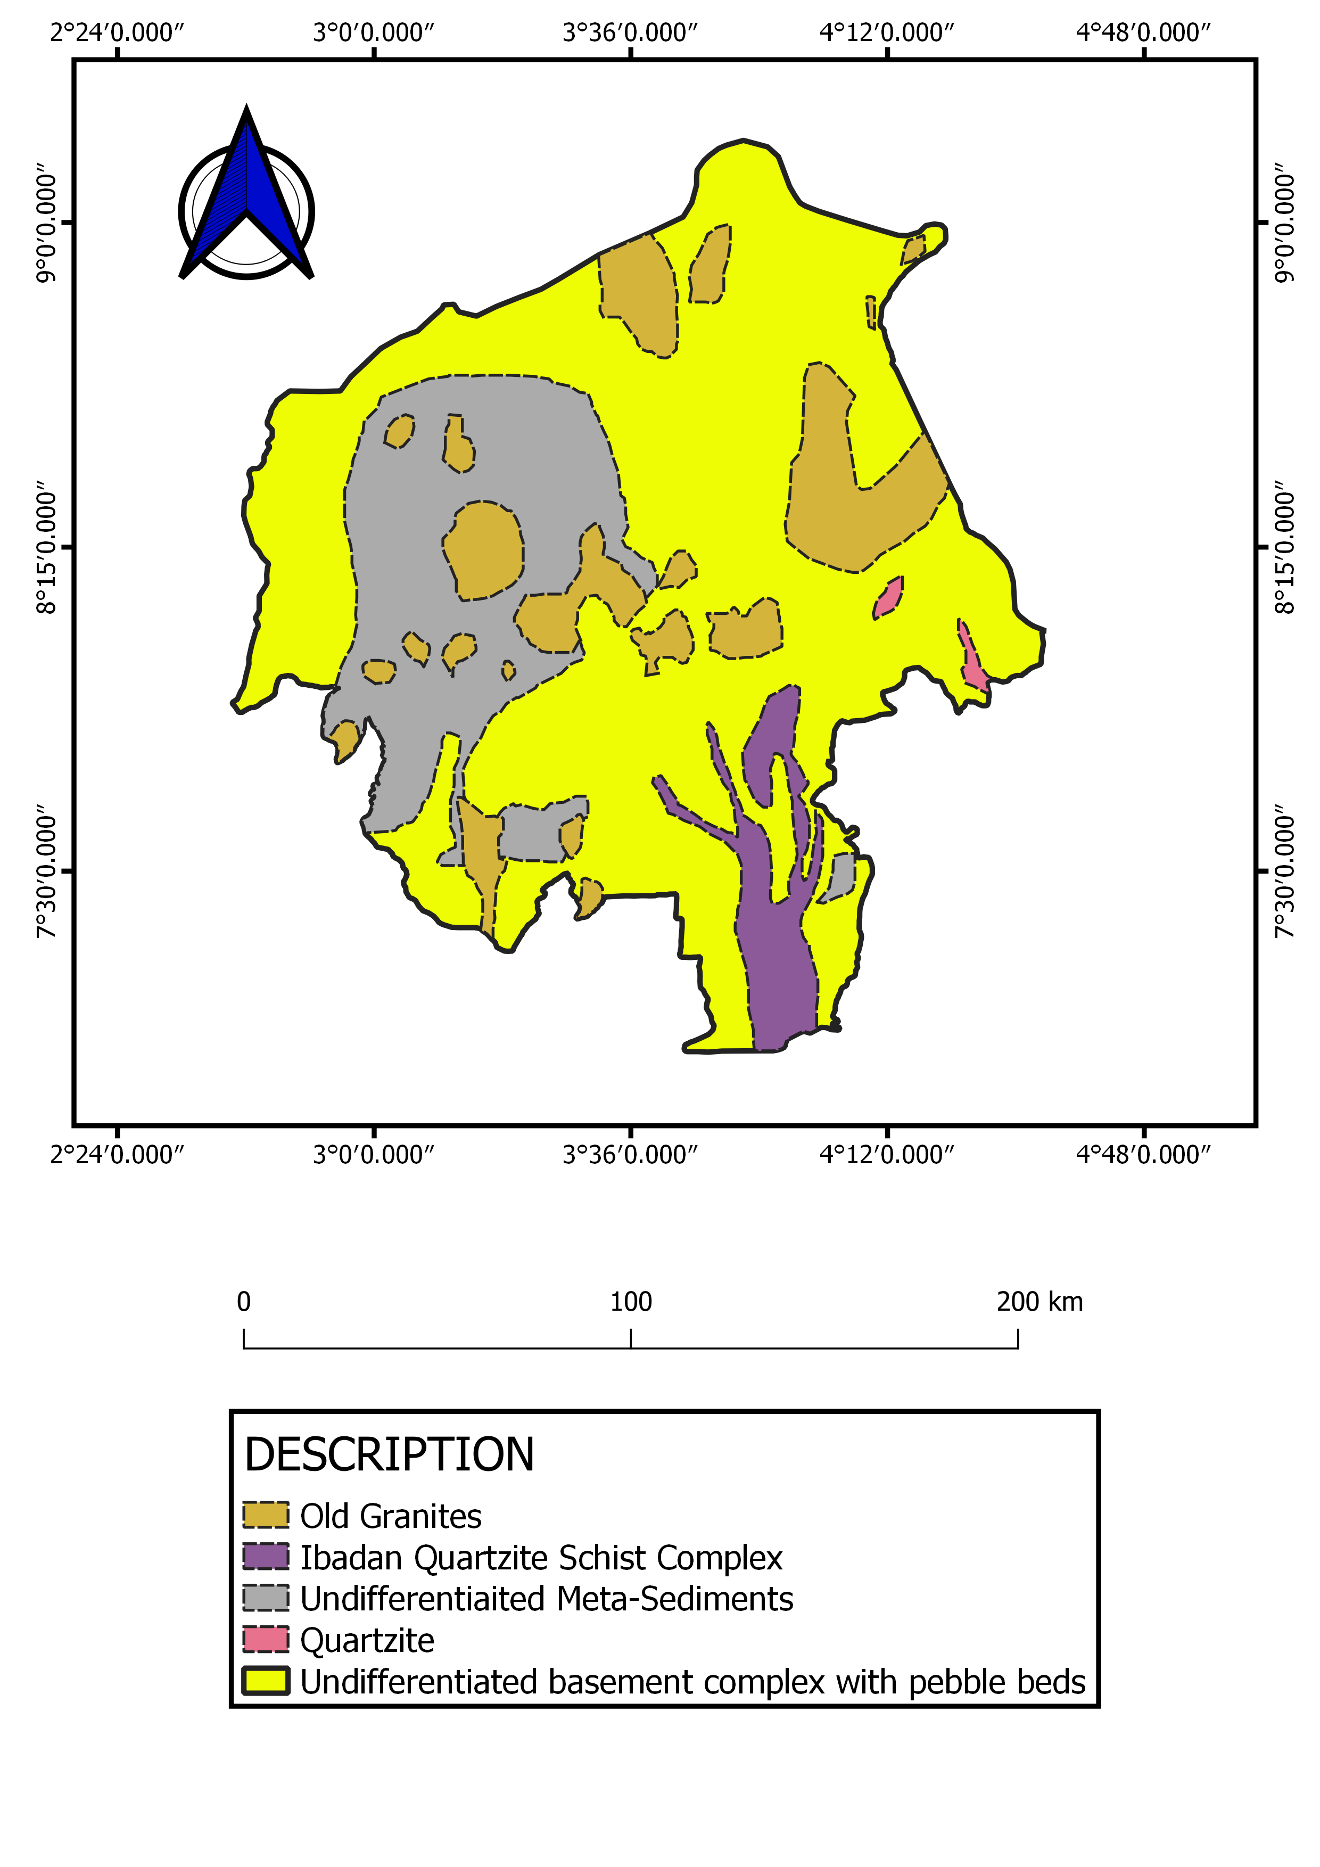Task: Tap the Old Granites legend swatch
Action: click(x=266, y=1515)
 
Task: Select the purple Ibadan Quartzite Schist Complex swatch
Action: click(x=266, y=1557)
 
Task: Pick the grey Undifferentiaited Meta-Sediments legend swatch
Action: click(x=266, y=1598)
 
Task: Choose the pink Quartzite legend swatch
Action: click(x=266, y=1639)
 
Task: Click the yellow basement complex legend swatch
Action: click(x=266, y=1681)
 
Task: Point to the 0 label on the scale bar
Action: click(x=244, y=1302)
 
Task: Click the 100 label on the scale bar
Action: click(x=631, y=1302)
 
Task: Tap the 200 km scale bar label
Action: click(x=1039, y=1302)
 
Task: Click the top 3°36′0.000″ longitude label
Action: click(x=631, y=32)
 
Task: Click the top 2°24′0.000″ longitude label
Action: click(x=117, y=32)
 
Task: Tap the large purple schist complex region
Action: click(x=776, y=959)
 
